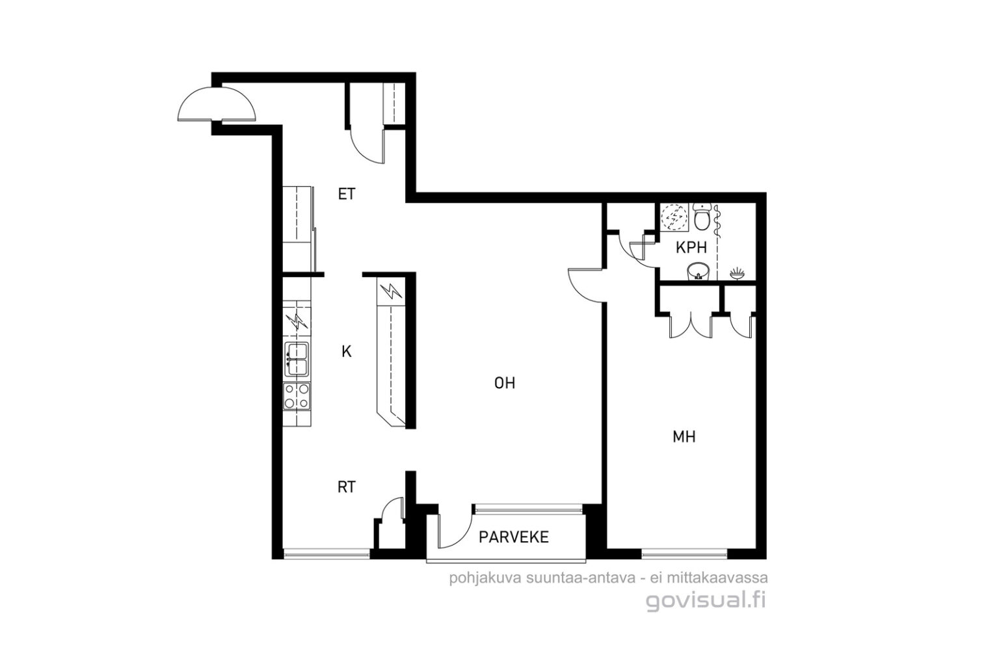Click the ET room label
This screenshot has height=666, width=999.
[347, 194]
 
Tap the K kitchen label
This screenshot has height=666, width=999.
[347, 352]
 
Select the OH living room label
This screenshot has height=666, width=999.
[505, 382]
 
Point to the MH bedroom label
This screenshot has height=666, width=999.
[684, 437]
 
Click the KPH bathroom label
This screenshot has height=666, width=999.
[691, 248]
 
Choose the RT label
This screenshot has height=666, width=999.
[347, 487]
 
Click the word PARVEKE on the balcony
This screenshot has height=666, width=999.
[514, 537]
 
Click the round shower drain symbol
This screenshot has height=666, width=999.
[674, 217]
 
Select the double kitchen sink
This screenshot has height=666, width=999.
[297, 359]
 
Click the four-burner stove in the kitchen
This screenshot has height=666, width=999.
[297, 396]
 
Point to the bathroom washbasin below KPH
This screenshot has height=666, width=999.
[699, 271]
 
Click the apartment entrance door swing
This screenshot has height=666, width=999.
[217, 103]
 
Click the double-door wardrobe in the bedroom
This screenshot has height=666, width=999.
[690, 325]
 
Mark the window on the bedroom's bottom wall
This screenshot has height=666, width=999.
[685, 554]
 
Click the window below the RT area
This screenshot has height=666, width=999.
[327, 554]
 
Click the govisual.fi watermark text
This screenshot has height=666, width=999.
[706, 601]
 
